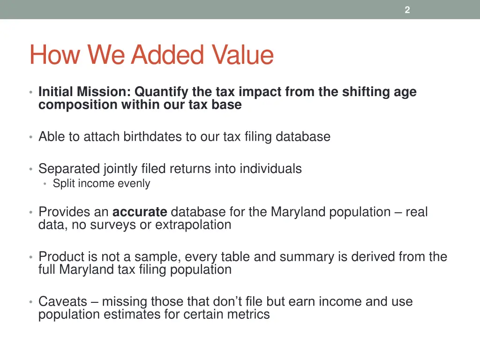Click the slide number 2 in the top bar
pos(407,10)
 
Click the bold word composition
pos(78,105)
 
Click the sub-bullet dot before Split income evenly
pos(45,184)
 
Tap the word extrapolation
pos(193,225)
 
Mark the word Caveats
pos(61,301)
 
